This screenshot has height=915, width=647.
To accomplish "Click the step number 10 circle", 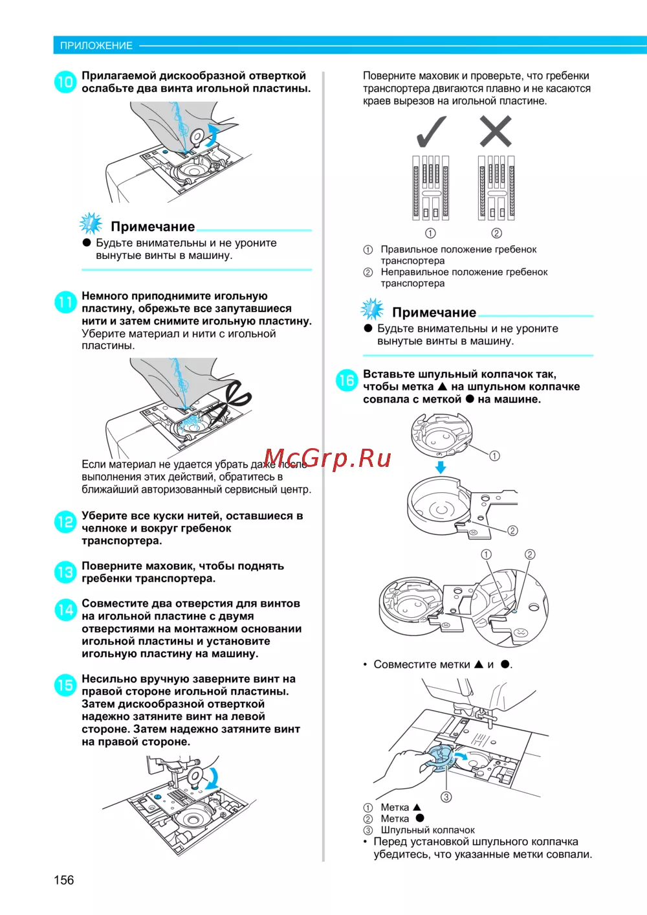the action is tap(65, 82).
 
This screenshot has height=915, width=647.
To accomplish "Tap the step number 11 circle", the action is tap(65, 302).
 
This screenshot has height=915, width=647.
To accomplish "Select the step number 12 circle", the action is tap(65, 522).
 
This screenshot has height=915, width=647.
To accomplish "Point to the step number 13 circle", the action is tap(65, 572).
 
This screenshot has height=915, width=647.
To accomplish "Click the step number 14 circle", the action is tap(65, 610).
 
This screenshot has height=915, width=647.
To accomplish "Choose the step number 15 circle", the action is tap(65, 685).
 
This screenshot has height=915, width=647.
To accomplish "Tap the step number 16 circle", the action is tap(347, 380).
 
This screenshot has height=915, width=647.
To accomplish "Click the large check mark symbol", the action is tap(431, 131).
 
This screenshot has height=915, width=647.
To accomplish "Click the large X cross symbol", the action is tap(496, 131).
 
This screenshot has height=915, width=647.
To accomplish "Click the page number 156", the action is tap(63, 880).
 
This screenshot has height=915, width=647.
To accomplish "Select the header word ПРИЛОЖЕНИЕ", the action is tap(96, 45).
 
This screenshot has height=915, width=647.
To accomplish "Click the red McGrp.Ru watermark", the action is tap(327, 458).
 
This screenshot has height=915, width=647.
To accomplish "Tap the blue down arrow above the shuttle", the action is tap(440, 468).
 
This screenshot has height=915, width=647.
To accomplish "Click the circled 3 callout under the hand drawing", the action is tap(446, 797).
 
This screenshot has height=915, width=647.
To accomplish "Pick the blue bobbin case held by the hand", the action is tap(440, 758).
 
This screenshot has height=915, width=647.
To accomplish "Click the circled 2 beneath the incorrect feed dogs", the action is tap(496, 233).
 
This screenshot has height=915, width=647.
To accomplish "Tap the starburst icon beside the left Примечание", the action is tap(91, 224).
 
